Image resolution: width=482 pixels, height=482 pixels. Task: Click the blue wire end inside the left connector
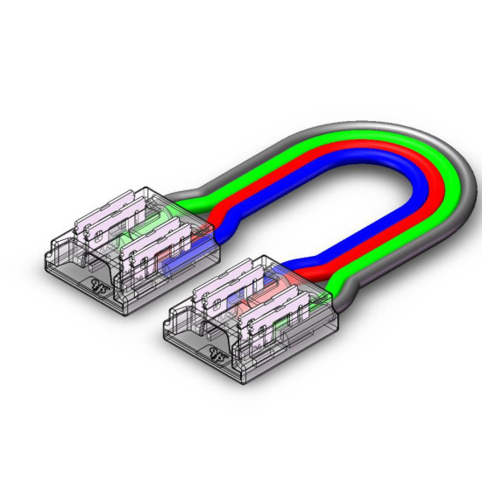(175, 263)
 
